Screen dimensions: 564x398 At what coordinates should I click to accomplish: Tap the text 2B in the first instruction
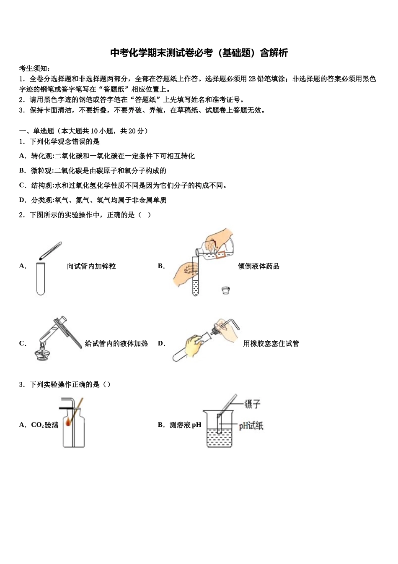click(252, 79)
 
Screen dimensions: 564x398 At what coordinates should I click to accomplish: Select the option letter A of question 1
click(22, 156)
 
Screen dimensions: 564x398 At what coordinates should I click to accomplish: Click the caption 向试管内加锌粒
click(91, 266)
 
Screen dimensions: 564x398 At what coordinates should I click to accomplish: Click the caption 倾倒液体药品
click(258, 266)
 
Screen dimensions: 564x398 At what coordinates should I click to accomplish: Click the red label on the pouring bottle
click(221, 253)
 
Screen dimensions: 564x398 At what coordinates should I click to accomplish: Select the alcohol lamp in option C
click(41, 353)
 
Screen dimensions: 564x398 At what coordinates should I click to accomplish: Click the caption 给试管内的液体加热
click(116, 344)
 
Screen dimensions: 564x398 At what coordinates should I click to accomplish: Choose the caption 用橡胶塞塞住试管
click(271, 344)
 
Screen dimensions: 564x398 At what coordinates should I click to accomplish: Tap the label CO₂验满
click(44, 425)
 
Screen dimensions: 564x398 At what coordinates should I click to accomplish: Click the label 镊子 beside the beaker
click(252, 404)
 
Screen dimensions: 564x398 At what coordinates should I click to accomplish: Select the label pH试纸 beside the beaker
click(251, 426)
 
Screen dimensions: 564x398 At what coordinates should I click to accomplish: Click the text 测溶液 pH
click(185, 425)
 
